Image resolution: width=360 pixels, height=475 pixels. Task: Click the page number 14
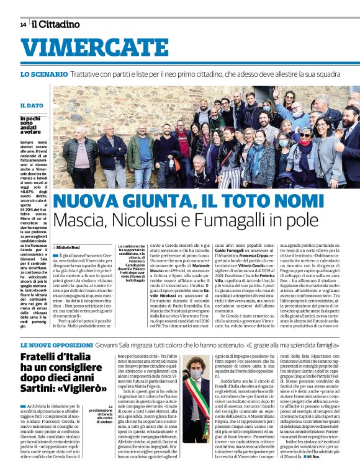(x=23, y=25)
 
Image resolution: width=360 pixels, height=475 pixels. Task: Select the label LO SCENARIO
(x=44, y=74)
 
